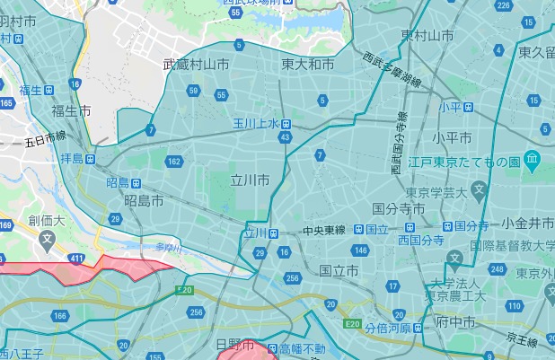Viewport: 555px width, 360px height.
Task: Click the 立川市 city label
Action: [250, 180]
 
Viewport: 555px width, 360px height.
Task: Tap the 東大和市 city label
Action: [307, 65]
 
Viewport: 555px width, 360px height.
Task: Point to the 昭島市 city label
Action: [144, 200]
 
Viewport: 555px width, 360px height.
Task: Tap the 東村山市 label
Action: [427, 36]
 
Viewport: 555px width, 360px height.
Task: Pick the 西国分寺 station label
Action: [421, 241]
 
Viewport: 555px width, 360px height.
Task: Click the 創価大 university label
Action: [46, 220]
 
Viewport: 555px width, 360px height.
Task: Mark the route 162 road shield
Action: [173, 162]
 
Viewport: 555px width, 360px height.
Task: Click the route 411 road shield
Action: [79, 259]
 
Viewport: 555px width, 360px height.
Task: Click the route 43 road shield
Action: [286, 136]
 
